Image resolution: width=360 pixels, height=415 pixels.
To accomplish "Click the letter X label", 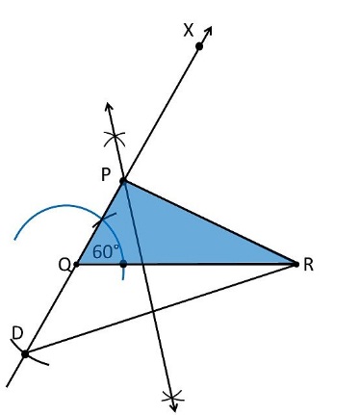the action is [x=189, y=31].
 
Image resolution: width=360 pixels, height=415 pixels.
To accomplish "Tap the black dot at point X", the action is [x=199, y=46].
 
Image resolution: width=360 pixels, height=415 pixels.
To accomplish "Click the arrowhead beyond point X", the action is [x=208, y=31].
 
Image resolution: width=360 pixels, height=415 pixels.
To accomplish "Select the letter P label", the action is [x=106, y=175].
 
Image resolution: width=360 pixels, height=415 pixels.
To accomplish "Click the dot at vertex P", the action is [x=123, y=181].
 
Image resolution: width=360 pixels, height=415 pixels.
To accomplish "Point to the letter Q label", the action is [x=64, y=266].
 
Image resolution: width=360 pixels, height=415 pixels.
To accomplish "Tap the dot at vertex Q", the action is [x=76, y=264].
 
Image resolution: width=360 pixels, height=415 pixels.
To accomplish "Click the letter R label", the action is [x=308, y=266].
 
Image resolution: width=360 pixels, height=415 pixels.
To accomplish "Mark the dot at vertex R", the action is [x=296, y=264].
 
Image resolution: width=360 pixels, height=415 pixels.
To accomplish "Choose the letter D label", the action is [x=17, y=333].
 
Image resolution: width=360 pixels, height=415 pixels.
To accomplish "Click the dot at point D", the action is [x=25, y=354].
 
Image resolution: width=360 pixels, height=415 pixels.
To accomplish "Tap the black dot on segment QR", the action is [x=123, y=264].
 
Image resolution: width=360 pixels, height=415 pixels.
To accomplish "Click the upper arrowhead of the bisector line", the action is [x=109, y=108].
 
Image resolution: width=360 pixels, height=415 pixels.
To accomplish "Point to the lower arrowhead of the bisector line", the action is [x=173, y=407].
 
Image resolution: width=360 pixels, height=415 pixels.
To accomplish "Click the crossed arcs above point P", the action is [x=115, y=139].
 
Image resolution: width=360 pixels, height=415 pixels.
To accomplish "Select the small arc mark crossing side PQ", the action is [x=104, y=220].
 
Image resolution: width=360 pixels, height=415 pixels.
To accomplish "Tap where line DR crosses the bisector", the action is [x=152, y=311].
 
